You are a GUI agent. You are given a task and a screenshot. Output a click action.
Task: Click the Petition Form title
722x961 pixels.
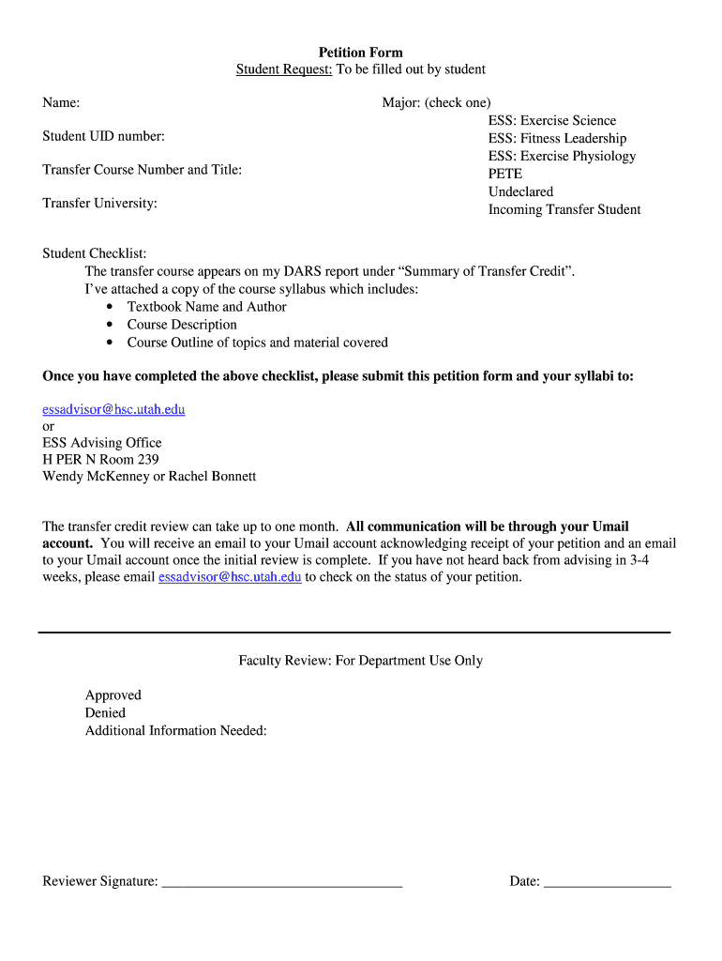click(360, 53)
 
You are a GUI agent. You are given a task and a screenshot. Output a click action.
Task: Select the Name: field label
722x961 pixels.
click(61, 102)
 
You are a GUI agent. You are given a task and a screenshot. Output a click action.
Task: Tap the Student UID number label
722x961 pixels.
click(103, 137)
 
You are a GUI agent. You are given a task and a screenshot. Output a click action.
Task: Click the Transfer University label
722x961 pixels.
click(99, 203)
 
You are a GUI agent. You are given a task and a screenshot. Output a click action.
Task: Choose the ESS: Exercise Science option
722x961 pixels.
click(551, 121)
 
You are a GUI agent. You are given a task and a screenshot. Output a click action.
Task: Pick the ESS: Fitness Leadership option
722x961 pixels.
click(557, 139)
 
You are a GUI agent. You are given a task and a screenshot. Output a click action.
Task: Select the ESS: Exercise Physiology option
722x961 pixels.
click(562, 157)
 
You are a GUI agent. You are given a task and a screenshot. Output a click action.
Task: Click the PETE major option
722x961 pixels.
click(504, 175)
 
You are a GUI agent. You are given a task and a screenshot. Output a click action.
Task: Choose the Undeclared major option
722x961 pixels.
click(520, 192)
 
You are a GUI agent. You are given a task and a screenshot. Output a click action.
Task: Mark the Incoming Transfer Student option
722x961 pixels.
click(564, 210)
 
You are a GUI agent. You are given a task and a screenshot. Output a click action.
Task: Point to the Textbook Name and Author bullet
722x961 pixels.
click(206, 307)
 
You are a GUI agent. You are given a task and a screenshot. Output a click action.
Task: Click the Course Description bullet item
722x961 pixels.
click(182, 325)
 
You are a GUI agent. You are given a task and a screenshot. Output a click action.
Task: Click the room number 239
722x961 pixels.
click(148, 460)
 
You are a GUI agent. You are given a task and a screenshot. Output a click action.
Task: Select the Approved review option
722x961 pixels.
click(113, 695)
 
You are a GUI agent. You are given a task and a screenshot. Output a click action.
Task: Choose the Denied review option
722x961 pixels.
click(105, 713)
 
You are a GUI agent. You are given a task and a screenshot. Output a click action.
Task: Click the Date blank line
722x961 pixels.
click(607, 882)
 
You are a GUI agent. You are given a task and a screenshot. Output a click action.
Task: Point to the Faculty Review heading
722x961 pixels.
click(360, 661)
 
